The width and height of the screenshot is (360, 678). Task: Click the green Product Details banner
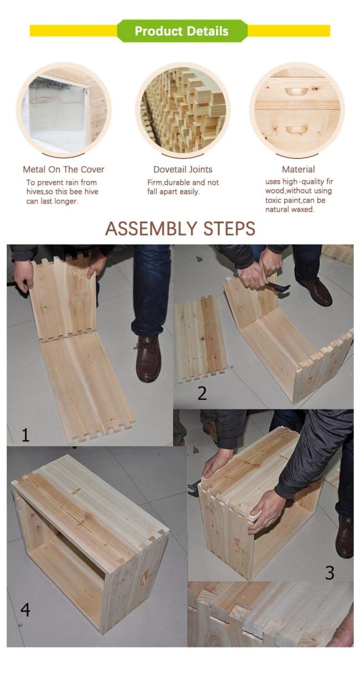(182, 31)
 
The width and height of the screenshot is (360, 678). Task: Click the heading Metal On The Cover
(64, 169)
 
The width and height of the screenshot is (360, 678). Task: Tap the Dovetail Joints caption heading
(183, 169)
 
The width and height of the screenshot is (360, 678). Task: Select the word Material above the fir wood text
(299, 169)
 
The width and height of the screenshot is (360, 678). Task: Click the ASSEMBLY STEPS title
(181, 229)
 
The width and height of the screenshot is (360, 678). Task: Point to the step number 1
(25, 435)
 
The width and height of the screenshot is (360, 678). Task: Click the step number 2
(202, 393)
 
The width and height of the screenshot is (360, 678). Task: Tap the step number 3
(330, 573)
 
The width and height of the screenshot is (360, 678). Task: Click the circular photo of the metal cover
(64, 110)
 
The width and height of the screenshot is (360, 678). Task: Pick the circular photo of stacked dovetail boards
(182, 110)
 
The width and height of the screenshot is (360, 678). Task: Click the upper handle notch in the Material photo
(297, 91)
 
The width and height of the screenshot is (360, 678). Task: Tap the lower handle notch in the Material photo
(297, 130)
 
